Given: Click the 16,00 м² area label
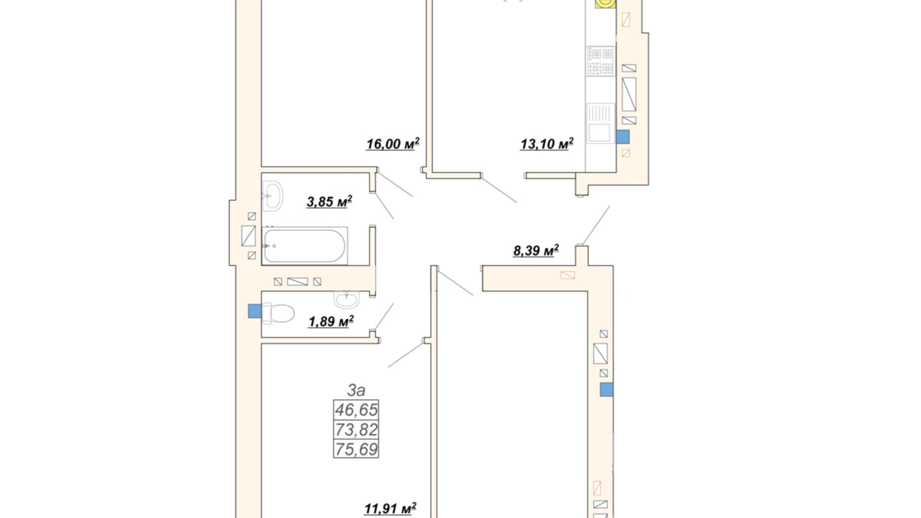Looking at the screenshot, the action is coord(393,144).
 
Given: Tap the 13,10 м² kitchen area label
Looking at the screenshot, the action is coord(547,144).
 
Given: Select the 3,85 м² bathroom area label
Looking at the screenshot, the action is coord(329,201).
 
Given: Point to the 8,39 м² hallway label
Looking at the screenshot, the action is coord(536,250).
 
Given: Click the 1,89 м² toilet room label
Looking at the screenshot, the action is coord(331,321).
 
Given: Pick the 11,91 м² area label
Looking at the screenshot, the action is coord(390,509).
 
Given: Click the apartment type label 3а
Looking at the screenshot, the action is coord(356,389).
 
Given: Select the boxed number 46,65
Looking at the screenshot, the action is coord(356,410).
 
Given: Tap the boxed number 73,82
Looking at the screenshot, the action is coord(356,429).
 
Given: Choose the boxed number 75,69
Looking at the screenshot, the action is coord(356,449).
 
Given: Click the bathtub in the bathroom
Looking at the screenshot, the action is coord(305,245).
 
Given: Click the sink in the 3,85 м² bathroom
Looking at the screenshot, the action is coord(272,195).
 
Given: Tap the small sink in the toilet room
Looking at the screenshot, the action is coord(346,298).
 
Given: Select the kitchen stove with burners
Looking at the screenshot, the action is coord(600,61).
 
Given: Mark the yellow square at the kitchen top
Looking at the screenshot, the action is coord(605,4).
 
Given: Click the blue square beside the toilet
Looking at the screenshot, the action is coord(255,311).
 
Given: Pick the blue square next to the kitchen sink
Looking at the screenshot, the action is coord(623,137).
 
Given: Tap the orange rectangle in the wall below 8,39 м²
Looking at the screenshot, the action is coord(568,275).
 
